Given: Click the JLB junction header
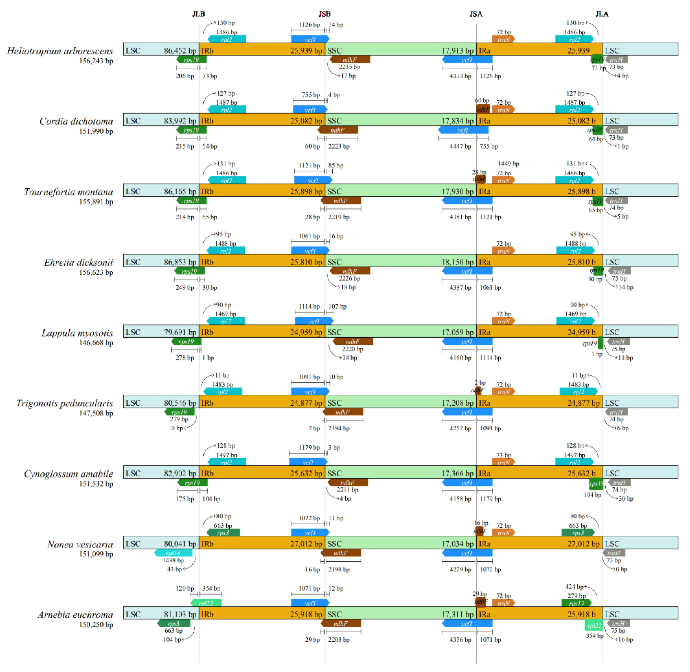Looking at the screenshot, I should click(198, 14).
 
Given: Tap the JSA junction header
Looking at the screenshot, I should click(476, 14).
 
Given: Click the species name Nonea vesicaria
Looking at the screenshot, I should click(80, 544).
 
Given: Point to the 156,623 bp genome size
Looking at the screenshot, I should click(96, 272).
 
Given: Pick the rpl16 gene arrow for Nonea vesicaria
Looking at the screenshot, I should click(173, 553).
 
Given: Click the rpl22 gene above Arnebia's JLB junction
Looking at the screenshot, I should click(206, 603).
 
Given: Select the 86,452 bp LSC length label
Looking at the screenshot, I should click(180, 51).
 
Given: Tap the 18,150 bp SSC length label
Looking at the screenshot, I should click(457, 262).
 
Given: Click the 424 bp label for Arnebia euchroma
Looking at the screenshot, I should click(574, 587).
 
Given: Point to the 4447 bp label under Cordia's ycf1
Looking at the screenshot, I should click(460, 146).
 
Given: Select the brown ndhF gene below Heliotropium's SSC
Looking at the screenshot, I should click(350, 60).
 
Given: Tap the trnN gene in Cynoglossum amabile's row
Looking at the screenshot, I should click(503, 462).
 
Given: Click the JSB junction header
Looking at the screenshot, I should click(325, 14).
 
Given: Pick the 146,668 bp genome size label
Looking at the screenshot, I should click(96, 342).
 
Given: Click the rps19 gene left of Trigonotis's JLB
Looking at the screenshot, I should click(179, 412).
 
